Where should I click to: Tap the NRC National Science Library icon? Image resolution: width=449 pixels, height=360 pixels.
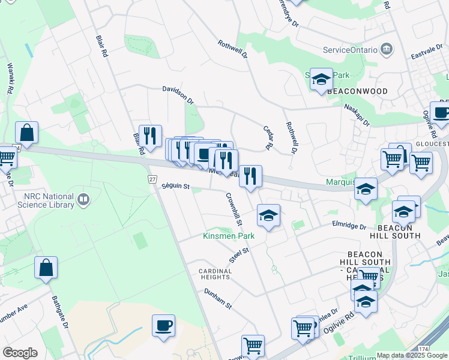click(x=83, y=199)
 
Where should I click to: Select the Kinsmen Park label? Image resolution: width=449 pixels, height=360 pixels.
click(x=229, y=236)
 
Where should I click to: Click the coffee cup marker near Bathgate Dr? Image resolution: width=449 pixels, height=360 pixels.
click(x=163, y=326)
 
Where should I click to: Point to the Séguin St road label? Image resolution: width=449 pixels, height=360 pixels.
click(x=175, y=187)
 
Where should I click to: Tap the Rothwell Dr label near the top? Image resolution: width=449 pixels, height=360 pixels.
click(x=233, y=49)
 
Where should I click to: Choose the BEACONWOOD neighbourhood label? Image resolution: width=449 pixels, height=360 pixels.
click(x=357, y=91)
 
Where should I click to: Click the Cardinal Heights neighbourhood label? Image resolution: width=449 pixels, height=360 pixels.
click(x=215, y=274)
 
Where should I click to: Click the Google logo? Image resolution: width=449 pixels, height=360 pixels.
click(x=20, y=353)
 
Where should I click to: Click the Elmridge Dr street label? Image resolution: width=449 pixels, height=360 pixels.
click(x=349, y=226)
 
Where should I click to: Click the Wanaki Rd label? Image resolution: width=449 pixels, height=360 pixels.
click(x=10, y=79)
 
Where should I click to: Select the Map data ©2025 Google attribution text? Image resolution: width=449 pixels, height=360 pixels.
click(x=411, y=355)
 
